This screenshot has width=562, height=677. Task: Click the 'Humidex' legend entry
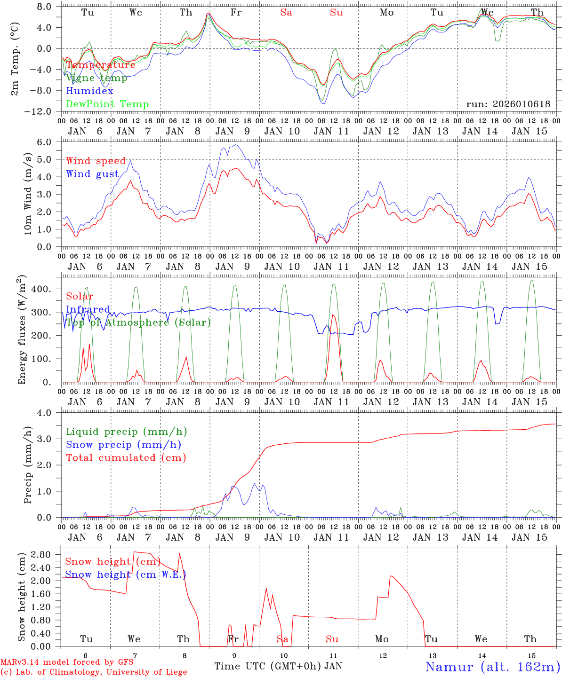pos(89,91)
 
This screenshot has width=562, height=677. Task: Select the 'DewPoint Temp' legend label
pos(107,104)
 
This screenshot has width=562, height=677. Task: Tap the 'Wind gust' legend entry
pos(92,174)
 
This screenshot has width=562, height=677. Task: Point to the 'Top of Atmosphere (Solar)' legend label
pos(138,323)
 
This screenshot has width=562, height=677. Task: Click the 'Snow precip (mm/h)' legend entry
pos(123,445)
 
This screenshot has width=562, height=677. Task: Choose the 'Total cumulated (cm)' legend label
pos(126,458)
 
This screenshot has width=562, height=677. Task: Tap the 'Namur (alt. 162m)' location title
pos(492,667)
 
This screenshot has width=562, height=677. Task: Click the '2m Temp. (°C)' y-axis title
pos(16,59)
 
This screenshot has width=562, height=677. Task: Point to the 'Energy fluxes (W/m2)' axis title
pos(22,331)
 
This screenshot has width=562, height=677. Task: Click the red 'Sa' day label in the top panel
pos(286,13)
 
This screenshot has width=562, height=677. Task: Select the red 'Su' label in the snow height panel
pos(332,639)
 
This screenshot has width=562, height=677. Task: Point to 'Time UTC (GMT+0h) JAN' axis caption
pos(278,666)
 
